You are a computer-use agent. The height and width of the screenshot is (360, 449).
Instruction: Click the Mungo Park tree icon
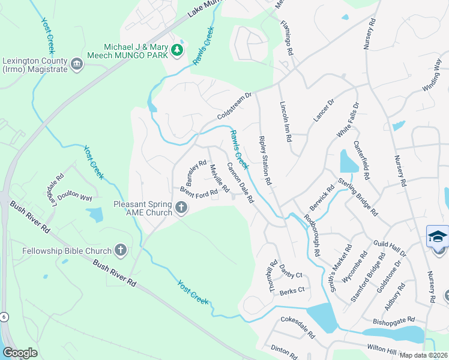(177, 50)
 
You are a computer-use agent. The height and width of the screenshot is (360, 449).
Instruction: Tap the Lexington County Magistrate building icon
(77, 64)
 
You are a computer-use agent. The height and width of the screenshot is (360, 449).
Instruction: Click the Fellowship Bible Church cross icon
(121, 250)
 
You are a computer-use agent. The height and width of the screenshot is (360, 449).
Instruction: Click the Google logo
(20, 353)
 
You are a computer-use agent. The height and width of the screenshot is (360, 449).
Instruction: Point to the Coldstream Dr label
(237, 106)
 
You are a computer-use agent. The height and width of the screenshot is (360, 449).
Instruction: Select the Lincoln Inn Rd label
(286, 120)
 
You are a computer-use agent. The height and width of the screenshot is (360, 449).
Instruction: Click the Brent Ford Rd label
(198, 191)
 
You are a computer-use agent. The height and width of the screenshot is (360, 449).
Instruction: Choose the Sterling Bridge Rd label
(358, 197)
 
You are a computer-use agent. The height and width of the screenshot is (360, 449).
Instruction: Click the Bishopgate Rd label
(393, 320)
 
